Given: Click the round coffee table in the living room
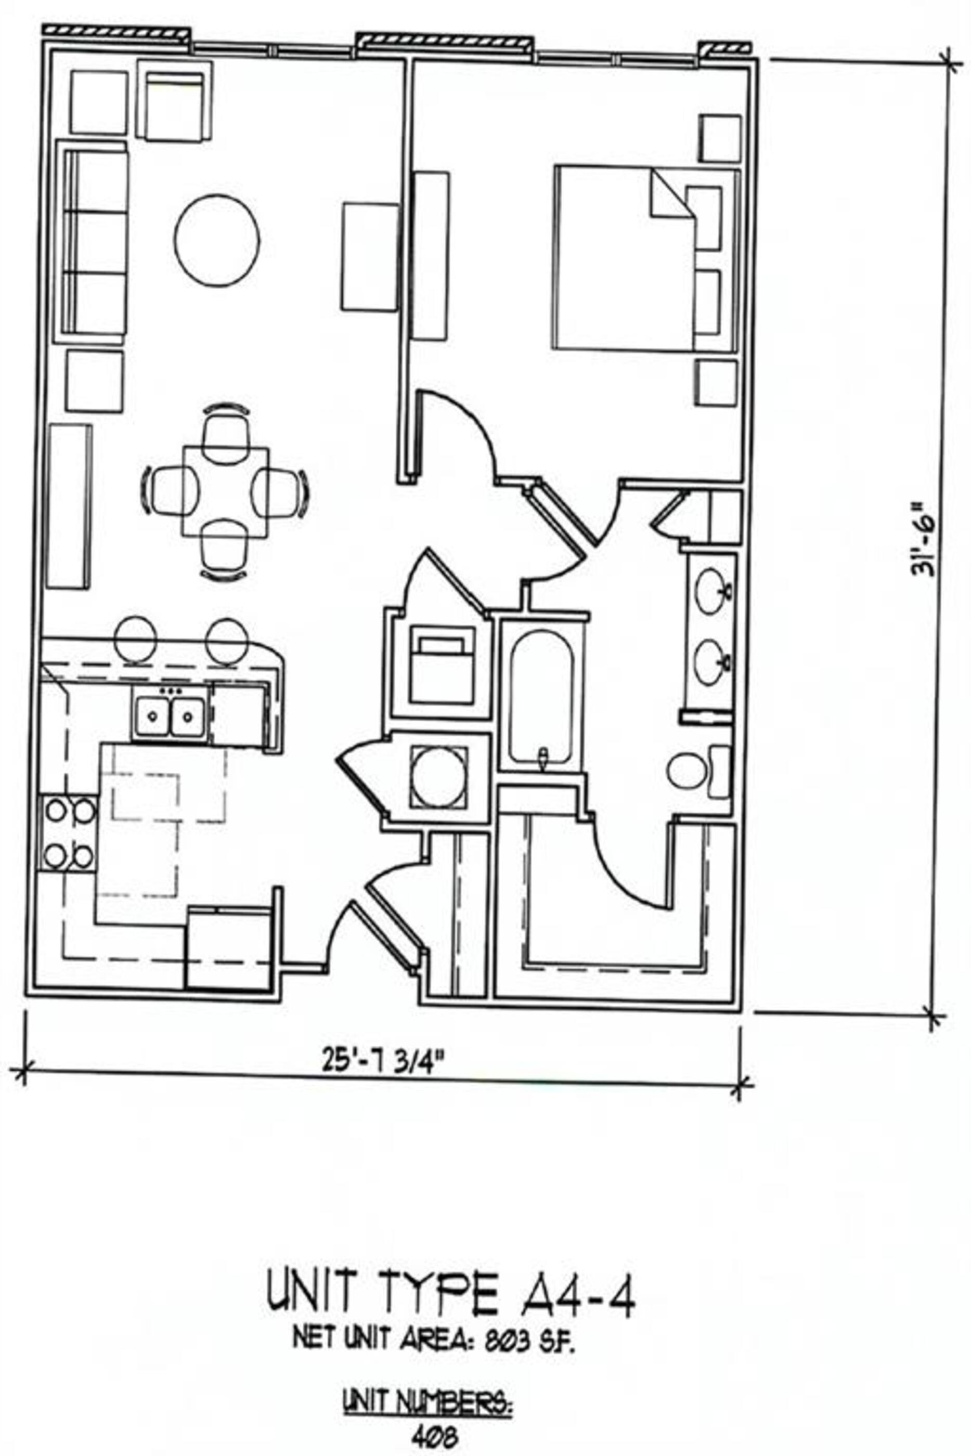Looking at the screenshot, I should pyautogui.click(x=217, y=241).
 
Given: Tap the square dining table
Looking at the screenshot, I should pyautogui.click(x=225, y=491).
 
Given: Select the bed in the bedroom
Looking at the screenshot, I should pyautogui.click(x=626, y=257).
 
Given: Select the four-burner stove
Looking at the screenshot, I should pyautogui.click(x=69, y=834).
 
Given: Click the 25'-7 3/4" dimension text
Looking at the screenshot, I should pyautogui.click(x=383, y=1063).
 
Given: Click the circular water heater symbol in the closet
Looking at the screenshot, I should pyautogui.click(x=438, y=776).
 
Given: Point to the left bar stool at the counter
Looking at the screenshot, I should pyautogui.click(x=134, y=641).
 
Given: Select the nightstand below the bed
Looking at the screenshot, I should pyautogui.click(x=716, y=383).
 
